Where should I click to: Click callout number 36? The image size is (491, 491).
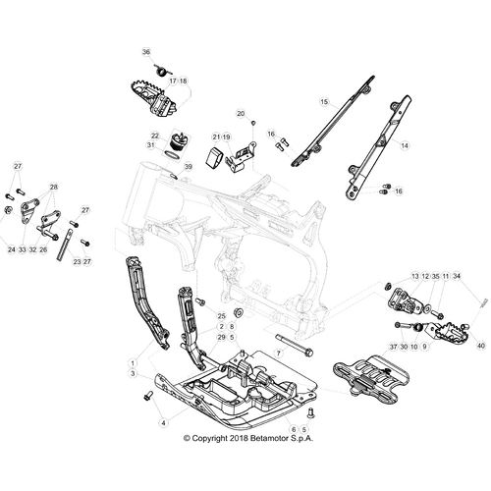point(146,52)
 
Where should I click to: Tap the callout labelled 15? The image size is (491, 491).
point(324,102)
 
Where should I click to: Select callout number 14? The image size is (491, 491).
point(405,145)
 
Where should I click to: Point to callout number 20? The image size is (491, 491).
point(241,114)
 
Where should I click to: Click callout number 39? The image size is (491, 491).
point(188,167)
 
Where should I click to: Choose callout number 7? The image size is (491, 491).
point(279,354)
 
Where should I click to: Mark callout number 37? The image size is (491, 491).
point(394,347)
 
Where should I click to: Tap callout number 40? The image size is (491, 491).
point(481,346)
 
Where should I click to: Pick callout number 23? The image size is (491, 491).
point(77,261)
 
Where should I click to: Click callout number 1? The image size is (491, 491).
point(133,363)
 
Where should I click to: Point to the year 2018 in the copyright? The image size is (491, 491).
point(239,438)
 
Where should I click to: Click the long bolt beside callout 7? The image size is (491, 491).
point(295,344)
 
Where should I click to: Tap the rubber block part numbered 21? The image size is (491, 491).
point(213,159)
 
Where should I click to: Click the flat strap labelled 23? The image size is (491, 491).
point(65,245)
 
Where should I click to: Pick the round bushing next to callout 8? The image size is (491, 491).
point(239,312)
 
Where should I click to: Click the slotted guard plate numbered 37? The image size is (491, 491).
point(372,377)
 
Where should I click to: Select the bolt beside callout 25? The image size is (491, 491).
point(200,301)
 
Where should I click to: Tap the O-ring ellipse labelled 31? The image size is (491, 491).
point(172,155)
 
